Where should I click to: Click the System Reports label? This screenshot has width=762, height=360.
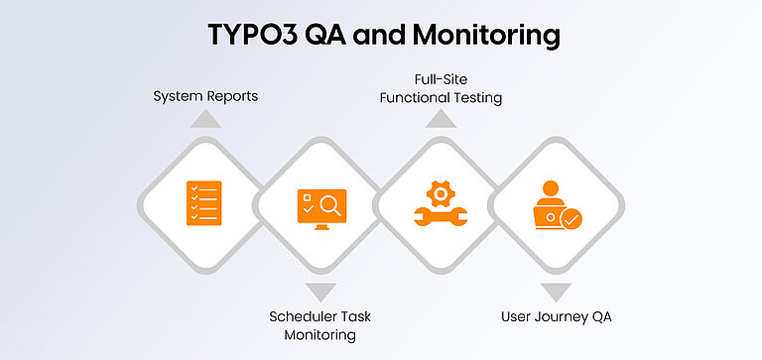pyautogui.click(x=204, y=96)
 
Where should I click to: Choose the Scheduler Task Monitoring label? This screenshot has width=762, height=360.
pyautogui.click(x=319, y=326)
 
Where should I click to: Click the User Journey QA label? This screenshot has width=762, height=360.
pyautogui.click(x=556, y=317)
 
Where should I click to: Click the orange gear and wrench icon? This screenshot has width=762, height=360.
pyautogui.click(x=440, y=205)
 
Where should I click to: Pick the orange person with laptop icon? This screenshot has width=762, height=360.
pyautogui.click(x=556, y=206)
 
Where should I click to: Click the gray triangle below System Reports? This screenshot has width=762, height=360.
pyautogui.click(x=204, y=118)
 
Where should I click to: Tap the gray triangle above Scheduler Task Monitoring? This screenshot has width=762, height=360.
pyautogui.click(x=320, y=292)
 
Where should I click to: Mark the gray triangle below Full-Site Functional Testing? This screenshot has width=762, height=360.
pyautogui.click(x=441, y=118)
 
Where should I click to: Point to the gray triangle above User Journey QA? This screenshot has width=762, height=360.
pyautogui.click(x=556, y=292)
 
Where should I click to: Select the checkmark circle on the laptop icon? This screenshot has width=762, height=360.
pyautogui.click(x=571, y=218)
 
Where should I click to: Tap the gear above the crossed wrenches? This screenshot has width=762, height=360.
pyautogui.click(x=440, y=191)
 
